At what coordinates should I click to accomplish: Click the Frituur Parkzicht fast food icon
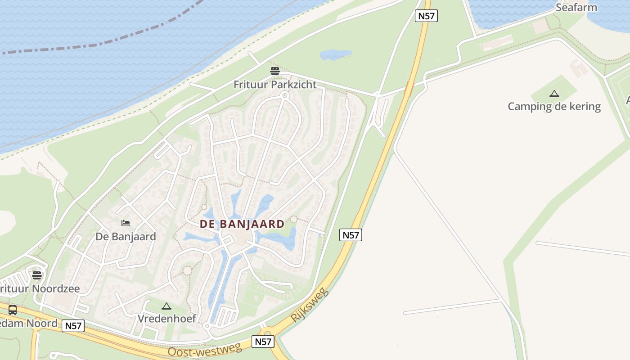point(275,71)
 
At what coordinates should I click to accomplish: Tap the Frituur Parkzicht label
point(275,84)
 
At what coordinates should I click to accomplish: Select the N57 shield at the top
point(426,16)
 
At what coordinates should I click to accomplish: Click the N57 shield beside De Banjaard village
point(351,235)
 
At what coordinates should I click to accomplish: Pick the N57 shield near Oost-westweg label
point(263,342)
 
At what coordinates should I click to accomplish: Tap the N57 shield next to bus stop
point(73,326)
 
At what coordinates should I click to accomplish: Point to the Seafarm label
point(576,7)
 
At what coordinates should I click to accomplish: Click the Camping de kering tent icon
point(554,94)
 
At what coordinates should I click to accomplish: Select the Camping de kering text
point(554,106)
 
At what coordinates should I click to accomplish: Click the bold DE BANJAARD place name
point(242,224)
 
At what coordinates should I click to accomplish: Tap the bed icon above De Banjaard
point(126,223)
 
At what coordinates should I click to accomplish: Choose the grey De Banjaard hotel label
point(126,236)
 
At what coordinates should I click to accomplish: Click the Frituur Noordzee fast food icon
point(37,275)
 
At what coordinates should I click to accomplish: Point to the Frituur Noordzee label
point(40,288)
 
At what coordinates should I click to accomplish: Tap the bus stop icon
point(13,310)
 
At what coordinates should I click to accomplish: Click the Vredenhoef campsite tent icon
point(166,306)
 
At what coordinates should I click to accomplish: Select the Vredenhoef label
point(166,319)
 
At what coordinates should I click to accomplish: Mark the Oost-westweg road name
point(205,350)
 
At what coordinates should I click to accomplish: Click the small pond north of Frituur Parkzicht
point(335,54)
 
